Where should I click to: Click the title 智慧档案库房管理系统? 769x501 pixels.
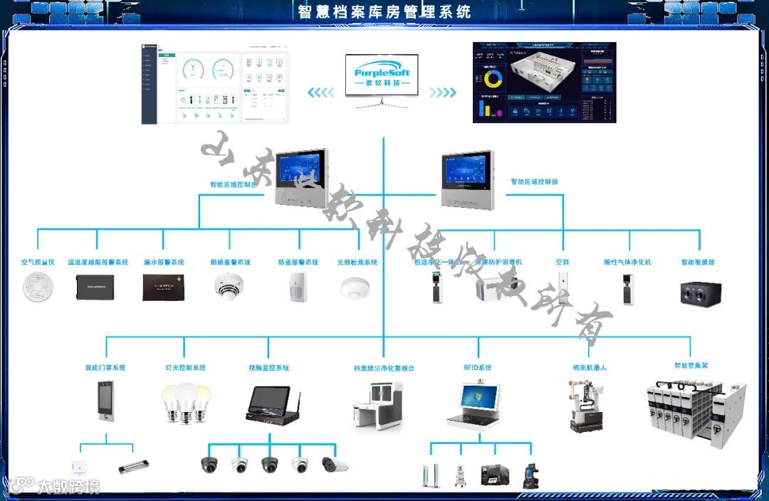click(x=384, y=12)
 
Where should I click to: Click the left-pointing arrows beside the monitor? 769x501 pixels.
click(x=320, y=92)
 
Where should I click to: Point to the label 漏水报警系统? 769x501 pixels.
click(x=164, y=263)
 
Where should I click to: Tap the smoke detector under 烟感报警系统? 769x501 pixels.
click(x=229, y=286)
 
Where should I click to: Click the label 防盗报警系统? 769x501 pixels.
click(x=298, y=263)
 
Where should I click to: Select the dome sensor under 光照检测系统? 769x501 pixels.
click(x=355, y=288)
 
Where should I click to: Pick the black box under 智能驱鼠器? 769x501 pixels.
click(x=700, y=292)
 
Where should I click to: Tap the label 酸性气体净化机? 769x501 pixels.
click(x=627, y=263)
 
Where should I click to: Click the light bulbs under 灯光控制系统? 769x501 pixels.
click(x=185, y=402)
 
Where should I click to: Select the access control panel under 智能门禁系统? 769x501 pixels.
click(x=105, y=400)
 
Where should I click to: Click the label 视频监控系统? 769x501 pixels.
click(x=268, y=368)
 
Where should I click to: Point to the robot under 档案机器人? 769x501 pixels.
click(x=586, y=406)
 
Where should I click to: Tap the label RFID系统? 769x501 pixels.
click(x=477, y=368)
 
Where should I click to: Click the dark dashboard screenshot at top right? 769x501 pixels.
click(x=544, y=82)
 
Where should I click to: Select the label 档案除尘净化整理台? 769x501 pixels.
click(x=384, y=369)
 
